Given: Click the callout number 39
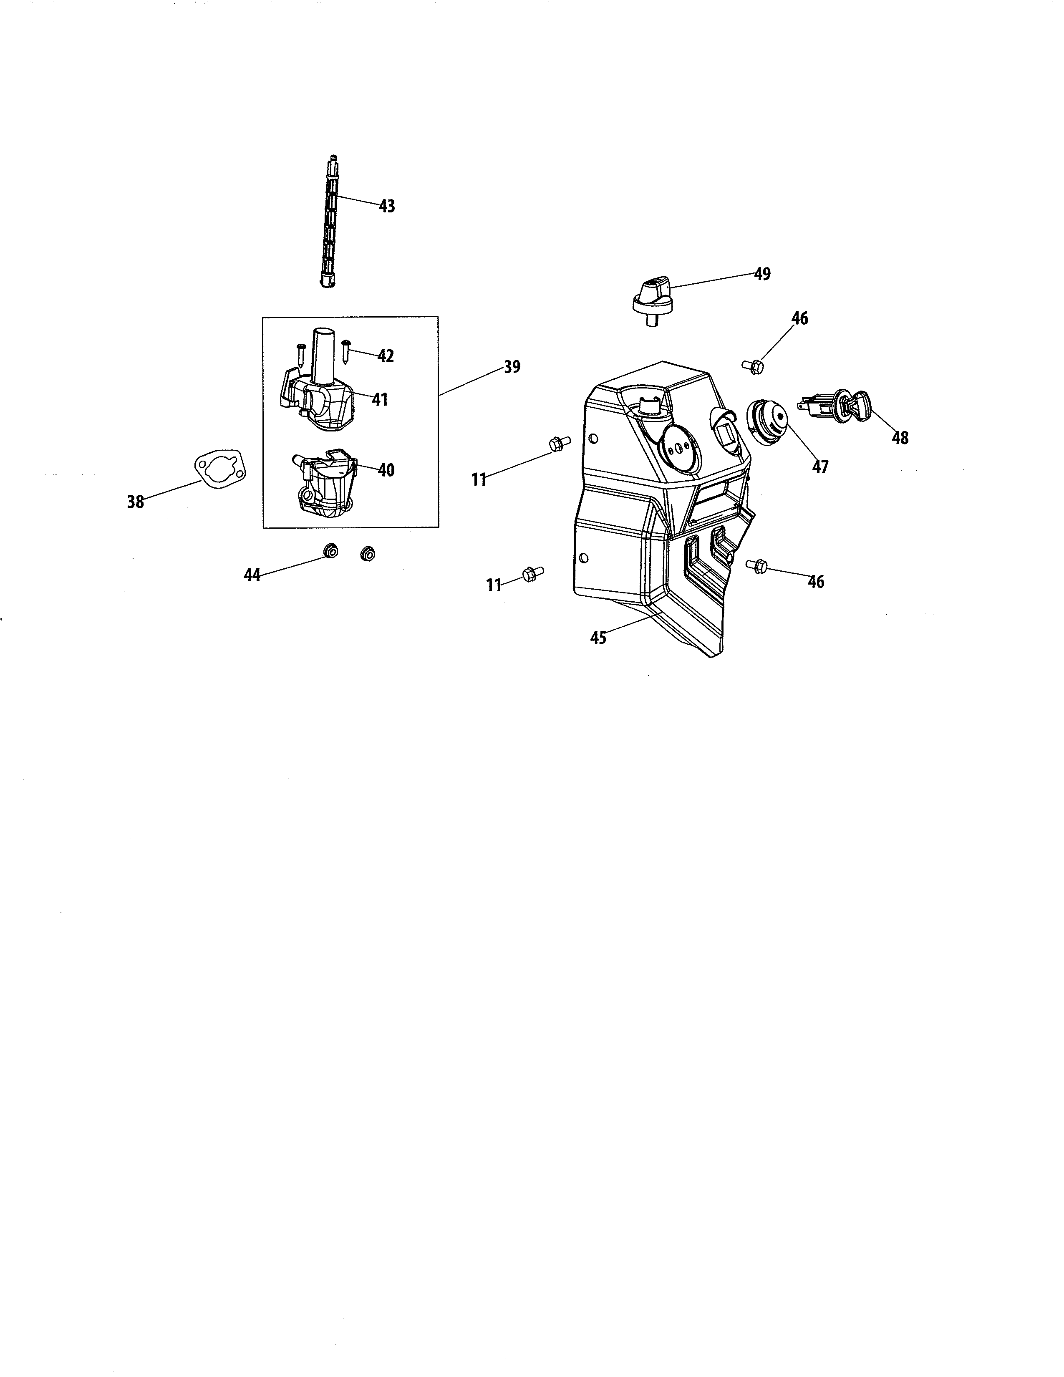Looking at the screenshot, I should point(512,366).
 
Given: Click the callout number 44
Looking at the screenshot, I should point(252,575).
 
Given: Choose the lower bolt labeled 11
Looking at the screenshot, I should point(531,574).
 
